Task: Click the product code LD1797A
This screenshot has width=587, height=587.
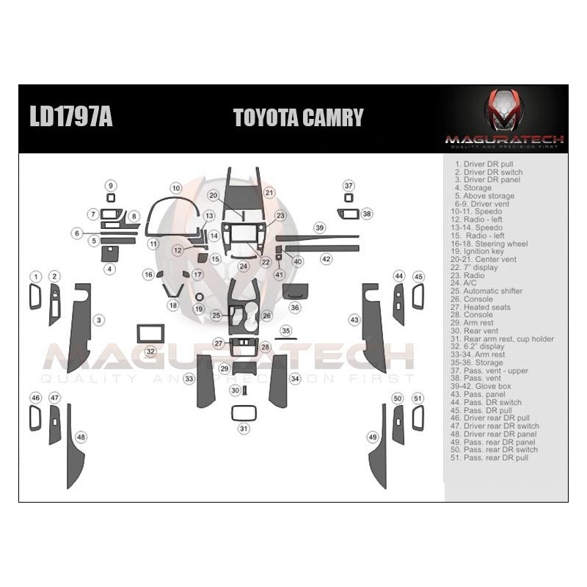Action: click(71, 118)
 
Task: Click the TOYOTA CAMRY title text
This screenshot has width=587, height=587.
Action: click(298, 118)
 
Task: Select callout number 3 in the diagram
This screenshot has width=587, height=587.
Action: click(99, 320)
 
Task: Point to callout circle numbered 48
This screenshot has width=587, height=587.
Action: click(81, 437)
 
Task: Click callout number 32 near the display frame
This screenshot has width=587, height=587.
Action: click(150, 351)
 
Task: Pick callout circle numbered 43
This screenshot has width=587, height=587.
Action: click(354, 320)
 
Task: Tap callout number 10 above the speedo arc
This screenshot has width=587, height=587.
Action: click(175, 189)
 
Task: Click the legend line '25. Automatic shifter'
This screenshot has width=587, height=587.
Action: click(489, 291)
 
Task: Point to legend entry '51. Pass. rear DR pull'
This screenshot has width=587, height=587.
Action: click(491, 458)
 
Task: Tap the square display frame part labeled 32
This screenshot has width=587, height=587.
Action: click(150, 334)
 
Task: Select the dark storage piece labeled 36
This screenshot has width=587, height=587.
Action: click(295, 291)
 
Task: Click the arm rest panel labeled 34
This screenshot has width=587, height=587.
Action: click(278, 380)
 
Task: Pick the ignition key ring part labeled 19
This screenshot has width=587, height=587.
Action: click(199, 296)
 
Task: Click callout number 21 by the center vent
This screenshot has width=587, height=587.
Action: click(269, 193)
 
